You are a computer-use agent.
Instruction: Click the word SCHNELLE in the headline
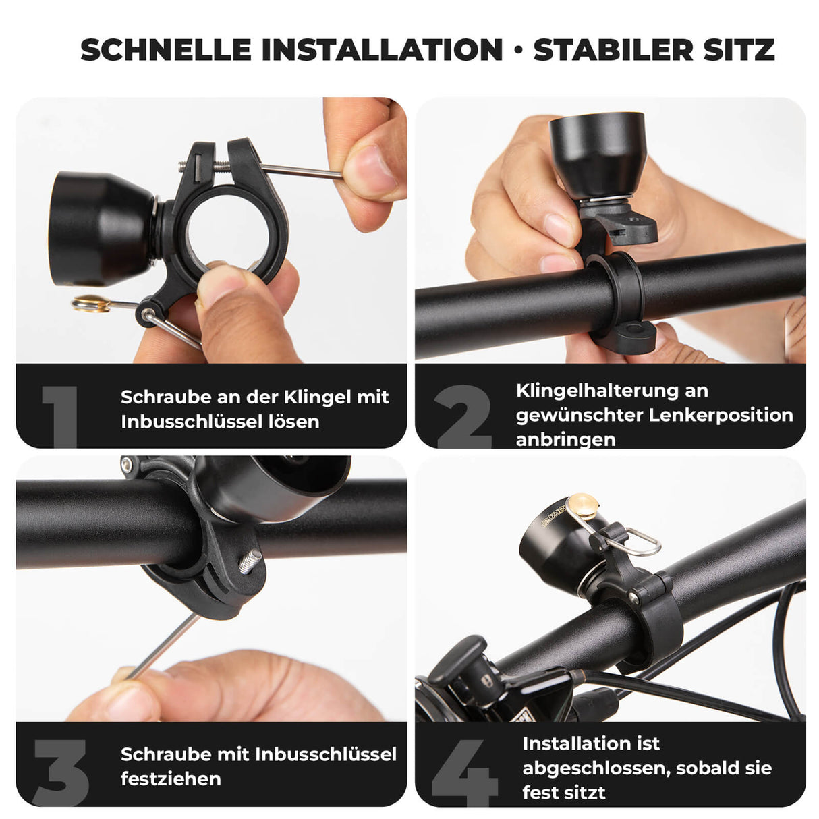(166, 50)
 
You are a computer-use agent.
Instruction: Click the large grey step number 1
(61, 415)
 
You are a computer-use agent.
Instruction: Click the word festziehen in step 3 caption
(171, 779)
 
